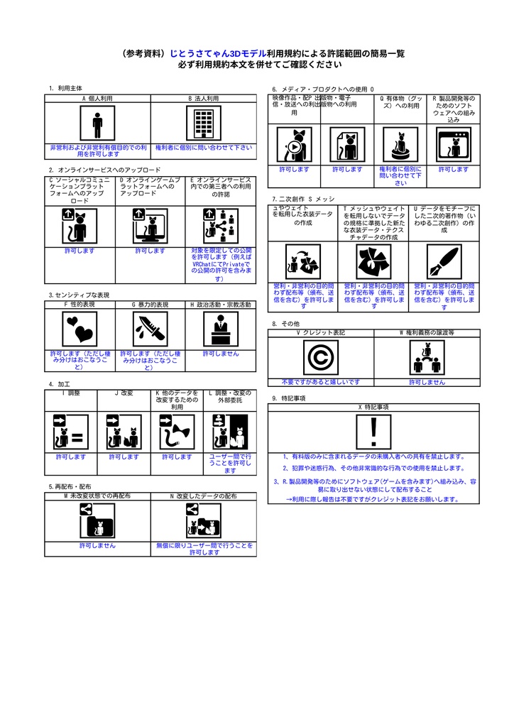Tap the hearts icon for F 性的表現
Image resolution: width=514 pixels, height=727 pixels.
point(80,327)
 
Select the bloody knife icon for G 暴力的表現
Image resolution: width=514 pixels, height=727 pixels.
point(150,327)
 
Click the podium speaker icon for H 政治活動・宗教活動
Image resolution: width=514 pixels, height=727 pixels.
point(220,327)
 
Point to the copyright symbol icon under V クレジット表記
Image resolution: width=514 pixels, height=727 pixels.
point(321,357)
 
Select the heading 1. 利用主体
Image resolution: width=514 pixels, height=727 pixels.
point(65,88)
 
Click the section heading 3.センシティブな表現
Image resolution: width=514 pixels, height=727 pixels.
point(79,295)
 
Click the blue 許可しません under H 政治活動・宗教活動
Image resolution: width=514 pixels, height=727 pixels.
point(221,353)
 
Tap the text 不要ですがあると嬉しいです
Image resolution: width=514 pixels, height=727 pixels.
point(321,382)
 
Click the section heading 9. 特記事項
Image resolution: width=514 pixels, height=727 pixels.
point(288,398)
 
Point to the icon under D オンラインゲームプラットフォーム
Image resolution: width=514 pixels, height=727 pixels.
point(151,226)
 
